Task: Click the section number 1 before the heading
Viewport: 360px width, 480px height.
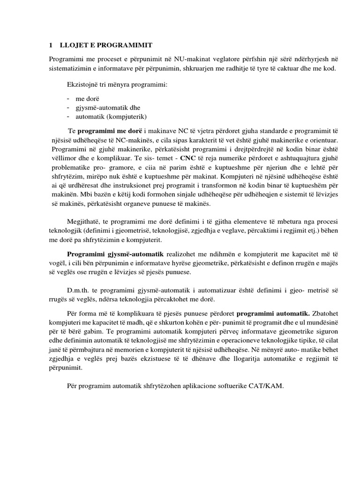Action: [x=51, y=45]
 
